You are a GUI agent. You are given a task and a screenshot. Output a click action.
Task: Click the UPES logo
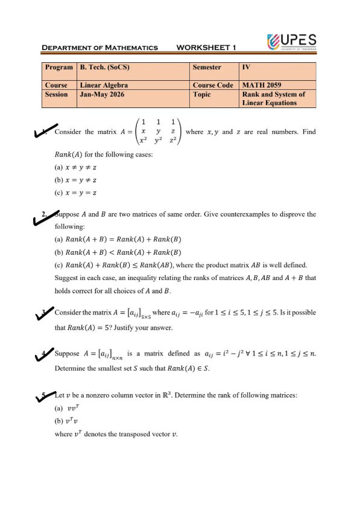291,42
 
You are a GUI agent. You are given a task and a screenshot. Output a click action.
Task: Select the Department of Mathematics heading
100,48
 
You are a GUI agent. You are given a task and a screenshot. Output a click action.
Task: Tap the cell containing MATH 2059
261,85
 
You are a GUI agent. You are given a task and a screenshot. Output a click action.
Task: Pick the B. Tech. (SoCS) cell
107,68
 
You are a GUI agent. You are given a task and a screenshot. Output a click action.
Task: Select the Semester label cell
206,68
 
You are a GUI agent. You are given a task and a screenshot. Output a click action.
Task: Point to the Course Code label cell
213,85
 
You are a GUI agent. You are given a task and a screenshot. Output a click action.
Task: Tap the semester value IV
245,68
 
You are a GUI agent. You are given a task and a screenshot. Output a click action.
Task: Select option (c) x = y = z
76,193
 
